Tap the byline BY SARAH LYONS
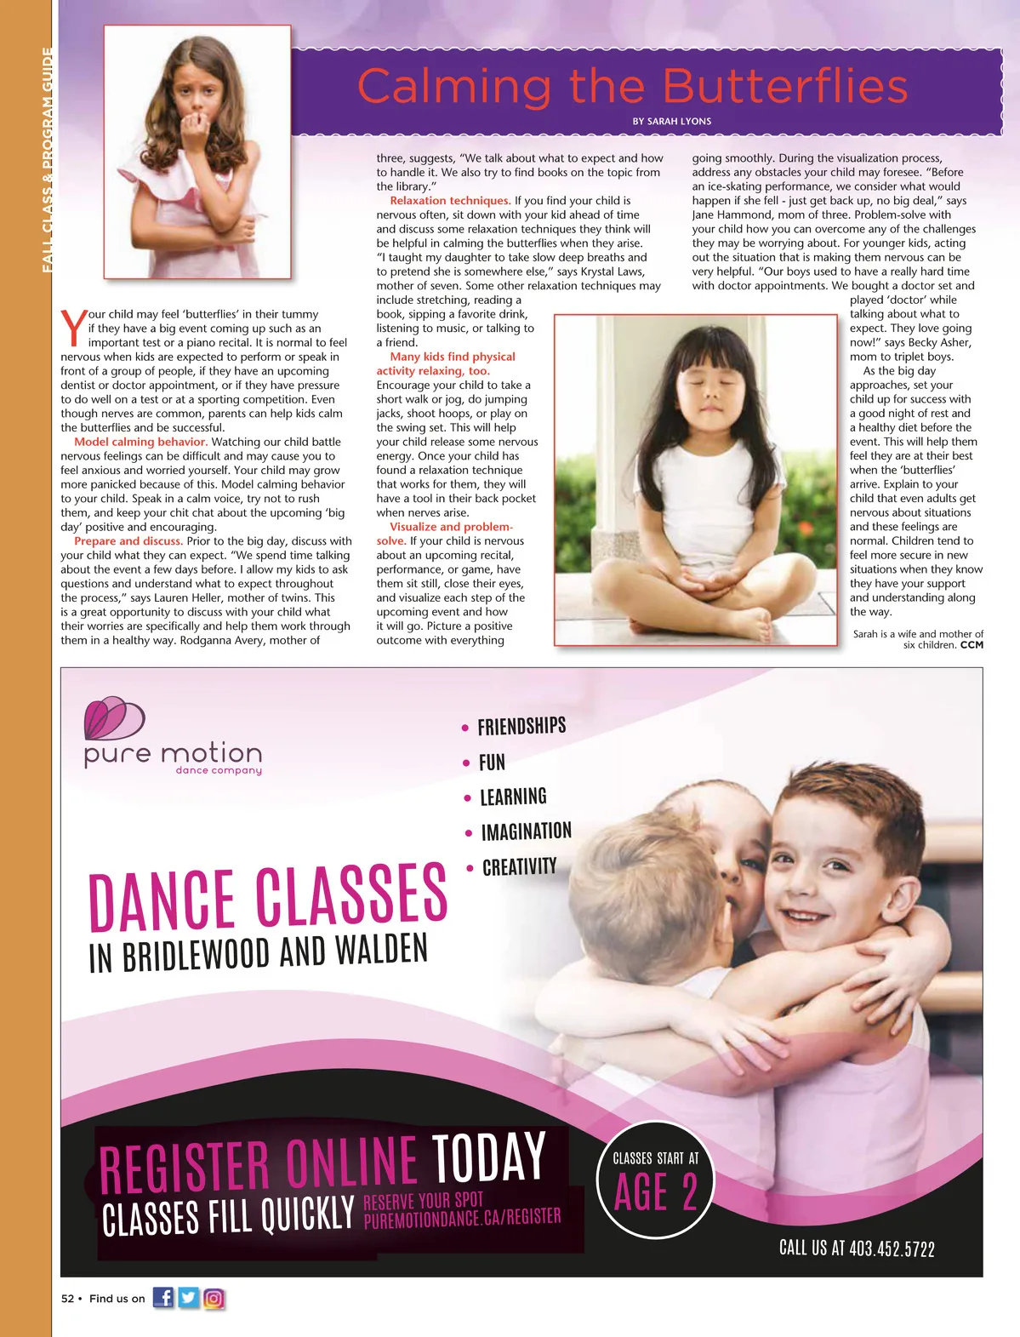click(x=671, y=122)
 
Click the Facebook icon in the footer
click(x=163, y=1298)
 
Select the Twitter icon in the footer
click(x=189, y=1298)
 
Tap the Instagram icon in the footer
click(x=214, y=1298)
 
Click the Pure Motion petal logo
click(x=114, y=719)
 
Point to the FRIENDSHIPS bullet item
click(x=521, y=726)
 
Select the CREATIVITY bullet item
click(x=519, y=867)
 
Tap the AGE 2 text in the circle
click(x=656, y=1192)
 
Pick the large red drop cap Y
click(x=73, y=327)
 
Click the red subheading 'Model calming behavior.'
click(x=140, y=442)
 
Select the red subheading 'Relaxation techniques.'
click(x=450, y=201)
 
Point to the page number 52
click(x=67, y=1299)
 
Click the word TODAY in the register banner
click(x=488, y=1157)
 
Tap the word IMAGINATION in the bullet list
click(x=526, y=831)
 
